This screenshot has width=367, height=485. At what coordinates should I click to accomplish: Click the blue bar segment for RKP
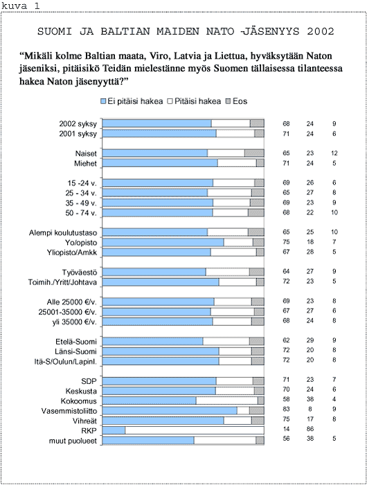point(114,430)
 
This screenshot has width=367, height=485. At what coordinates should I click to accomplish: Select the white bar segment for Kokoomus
point(227,401)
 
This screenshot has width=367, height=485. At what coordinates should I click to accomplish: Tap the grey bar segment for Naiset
point(254,153)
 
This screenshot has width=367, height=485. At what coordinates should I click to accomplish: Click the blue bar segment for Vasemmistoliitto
point(170,411)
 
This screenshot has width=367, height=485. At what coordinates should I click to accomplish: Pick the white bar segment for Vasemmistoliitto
point(243,411)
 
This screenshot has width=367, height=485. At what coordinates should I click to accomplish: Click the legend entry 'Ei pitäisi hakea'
point(132,102)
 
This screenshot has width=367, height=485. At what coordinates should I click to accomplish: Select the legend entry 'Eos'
point(237,102)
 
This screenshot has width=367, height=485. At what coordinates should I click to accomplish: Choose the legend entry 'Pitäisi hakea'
point(195,102)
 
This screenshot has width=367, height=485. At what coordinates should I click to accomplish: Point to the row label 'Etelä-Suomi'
point(76,342)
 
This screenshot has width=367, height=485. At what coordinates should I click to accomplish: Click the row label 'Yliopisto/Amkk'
point(72,253)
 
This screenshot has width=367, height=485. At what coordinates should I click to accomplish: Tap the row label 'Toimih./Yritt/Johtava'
point(62,282)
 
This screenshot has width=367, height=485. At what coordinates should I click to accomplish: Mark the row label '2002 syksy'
point(78,124)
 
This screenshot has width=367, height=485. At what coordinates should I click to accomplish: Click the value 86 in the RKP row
point(310,429)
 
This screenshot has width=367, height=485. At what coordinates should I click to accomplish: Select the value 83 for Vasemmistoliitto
point(286,409)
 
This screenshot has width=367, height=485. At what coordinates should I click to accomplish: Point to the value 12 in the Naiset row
point(334,153)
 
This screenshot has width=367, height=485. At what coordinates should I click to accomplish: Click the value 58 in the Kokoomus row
point(286,399)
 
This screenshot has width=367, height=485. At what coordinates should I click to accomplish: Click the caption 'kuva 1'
point(21,6)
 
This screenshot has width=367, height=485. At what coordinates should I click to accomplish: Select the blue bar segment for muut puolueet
point(148,441)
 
